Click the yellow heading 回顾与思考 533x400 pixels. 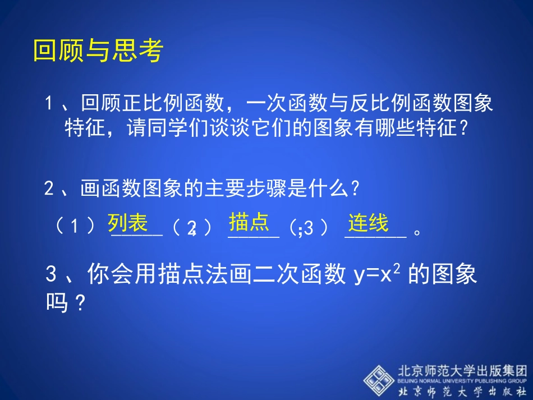coord(98,51)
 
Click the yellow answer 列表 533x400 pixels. coord(127,223)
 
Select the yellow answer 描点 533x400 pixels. coord(249,222)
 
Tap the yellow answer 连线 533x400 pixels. coord(368,223)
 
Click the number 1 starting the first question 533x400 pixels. coord(50,103)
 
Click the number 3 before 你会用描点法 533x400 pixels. coord(52,275)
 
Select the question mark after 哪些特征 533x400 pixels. coord(463,128)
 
